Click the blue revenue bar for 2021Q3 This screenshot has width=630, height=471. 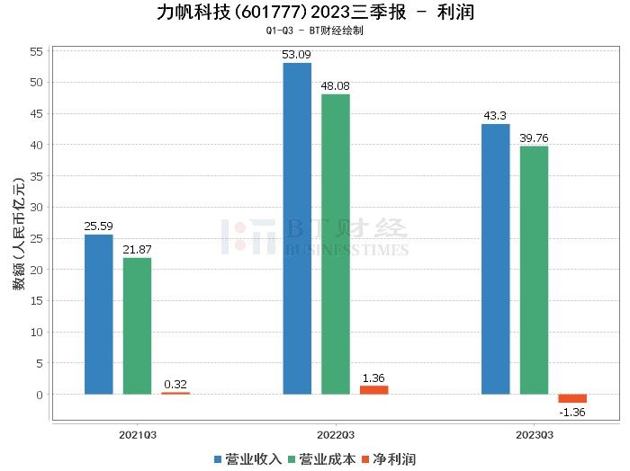coord(98,314)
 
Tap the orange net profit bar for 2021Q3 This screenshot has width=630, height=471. coord(175,393)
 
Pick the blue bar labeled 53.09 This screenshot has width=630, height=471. coord(297,228)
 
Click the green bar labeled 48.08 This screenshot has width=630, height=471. coord(336,244)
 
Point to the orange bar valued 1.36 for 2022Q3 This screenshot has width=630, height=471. coord(374,389)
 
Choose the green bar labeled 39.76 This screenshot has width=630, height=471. coord(534,270)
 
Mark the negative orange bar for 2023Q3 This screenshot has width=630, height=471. coord(572,398)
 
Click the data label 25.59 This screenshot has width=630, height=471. coord(98,226)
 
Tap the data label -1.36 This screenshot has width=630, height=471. coord(572,413)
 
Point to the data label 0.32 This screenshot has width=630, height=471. coord(175,384)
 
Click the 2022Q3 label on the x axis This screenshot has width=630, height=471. coord(335,434)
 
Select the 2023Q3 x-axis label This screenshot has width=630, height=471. coord(534,434)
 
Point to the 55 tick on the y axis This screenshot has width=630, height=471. coord(37,51)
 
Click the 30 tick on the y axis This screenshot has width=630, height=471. coord(37,208)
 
